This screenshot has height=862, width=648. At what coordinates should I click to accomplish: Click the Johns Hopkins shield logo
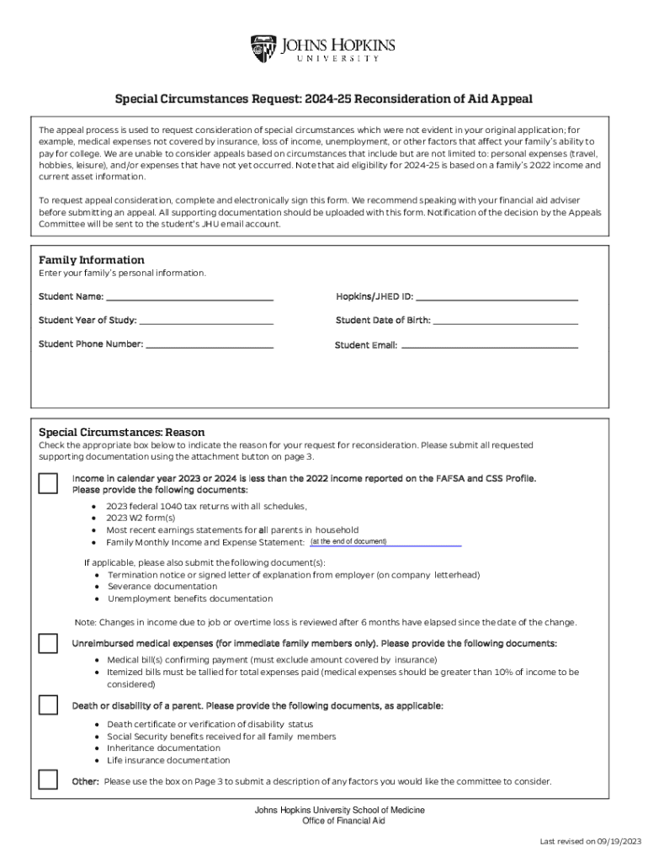click(x=263, y=49)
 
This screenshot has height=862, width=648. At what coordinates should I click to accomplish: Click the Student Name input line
click(x=189, y=296)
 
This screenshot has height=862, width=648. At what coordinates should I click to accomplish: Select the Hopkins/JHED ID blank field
click(x=497, y=296)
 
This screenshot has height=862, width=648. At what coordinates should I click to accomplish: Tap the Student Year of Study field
click(x=206, y=320)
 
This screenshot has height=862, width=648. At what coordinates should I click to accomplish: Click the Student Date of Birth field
click(x=505, y=320)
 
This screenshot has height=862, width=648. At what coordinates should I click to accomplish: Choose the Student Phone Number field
click(x=210, y=343)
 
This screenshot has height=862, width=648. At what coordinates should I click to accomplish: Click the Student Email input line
click(x=489, y=344)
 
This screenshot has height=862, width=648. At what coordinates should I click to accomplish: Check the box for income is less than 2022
click(x=49, y=483)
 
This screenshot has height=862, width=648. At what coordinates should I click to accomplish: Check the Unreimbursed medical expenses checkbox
click(x=49, y=644)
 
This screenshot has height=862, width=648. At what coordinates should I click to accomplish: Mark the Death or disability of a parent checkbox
click(x=49, y=705)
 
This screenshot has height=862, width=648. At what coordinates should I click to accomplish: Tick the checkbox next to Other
click(x=49, y=780)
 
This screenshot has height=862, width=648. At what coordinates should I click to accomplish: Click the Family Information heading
click(x=92, y=260)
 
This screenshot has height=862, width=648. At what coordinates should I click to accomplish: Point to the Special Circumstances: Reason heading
click(x=121, y=431)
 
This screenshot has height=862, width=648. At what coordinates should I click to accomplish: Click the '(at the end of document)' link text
click(x=348, y=541)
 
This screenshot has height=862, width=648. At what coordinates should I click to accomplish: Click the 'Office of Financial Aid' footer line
click(x=343, y=821)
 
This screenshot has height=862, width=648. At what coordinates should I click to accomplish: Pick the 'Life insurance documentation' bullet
click(x=168, y=760)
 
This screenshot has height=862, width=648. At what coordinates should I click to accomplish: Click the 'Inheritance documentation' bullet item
click(x=163, y=748)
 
